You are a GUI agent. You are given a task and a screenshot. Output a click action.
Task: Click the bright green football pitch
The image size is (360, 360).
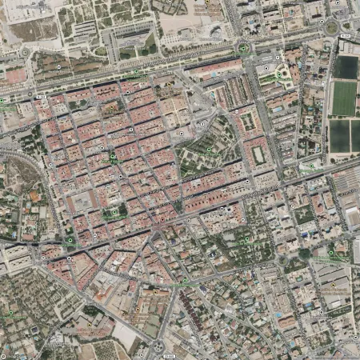click(344, 98)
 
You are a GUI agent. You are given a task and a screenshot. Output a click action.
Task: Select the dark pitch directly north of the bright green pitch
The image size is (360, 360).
click(346, 66)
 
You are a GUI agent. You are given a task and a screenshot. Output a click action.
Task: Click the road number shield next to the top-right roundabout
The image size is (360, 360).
click(345, 37)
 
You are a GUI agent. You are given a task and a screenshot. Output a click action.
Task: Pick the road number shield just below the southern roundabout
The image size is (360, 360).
click(158, 355)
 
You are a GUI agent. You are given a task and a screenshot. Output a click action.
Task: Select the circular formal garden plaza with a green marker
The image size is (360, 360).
click(284, 75)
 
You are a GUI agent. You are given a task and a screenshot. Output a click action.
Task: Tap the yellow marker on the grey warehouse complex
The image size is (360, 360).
click(333, 285)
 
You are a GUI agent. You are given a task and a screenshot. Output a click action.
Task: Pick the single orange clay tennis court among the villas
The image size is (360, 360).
click(34, 195)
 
